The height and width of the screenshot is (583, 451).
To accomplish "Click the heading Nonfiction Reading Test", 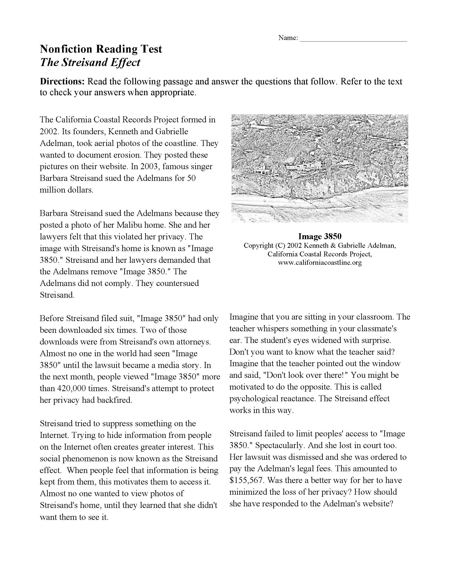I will tap(101, 49).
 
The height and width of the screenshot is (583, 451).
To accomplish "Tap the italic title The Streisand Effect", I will tap(90, 62).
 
